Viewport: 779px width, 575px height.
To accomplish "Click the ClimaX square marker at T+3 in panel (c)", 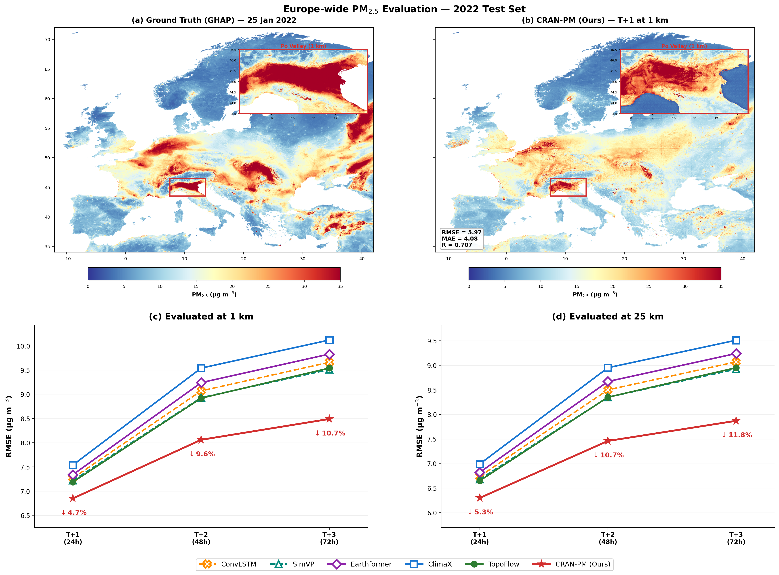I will click(x=329, y=340).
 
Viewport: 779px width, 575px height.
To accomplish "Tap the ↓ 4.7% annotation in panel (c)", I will click(x=74, y=513).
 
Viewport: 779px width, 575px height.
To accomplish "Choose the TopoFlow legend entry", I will click(x=492, y=564).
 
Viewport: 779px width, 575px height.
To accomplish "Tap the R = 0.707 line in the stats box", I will click(x=457, y=245).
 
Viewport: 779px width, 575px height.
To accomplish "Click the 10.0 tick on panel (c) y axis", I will click(x=23, y=346).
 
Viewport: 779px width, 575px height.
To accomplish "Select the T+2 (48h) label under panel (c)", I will click(x=201, y=538).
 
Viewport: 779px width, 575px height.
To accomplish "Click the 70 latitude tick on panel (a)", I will click(x=47, y=40).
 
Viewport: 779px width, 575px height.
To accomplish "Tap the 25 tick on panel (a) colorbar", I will click(x=268, y=286).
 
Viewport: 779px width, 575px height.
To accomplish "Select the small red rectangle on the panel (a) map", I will click(x=187, y=187).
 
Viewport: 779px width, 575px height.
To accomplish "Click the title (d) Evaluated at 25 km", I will click(x=607, y=316).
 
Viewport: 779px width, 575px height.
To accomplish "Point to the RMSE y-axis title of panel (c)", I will click(x=9, y=426).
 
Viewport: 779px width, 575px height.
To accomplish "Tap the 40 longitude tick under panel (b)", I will click(x=743, y=259).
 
